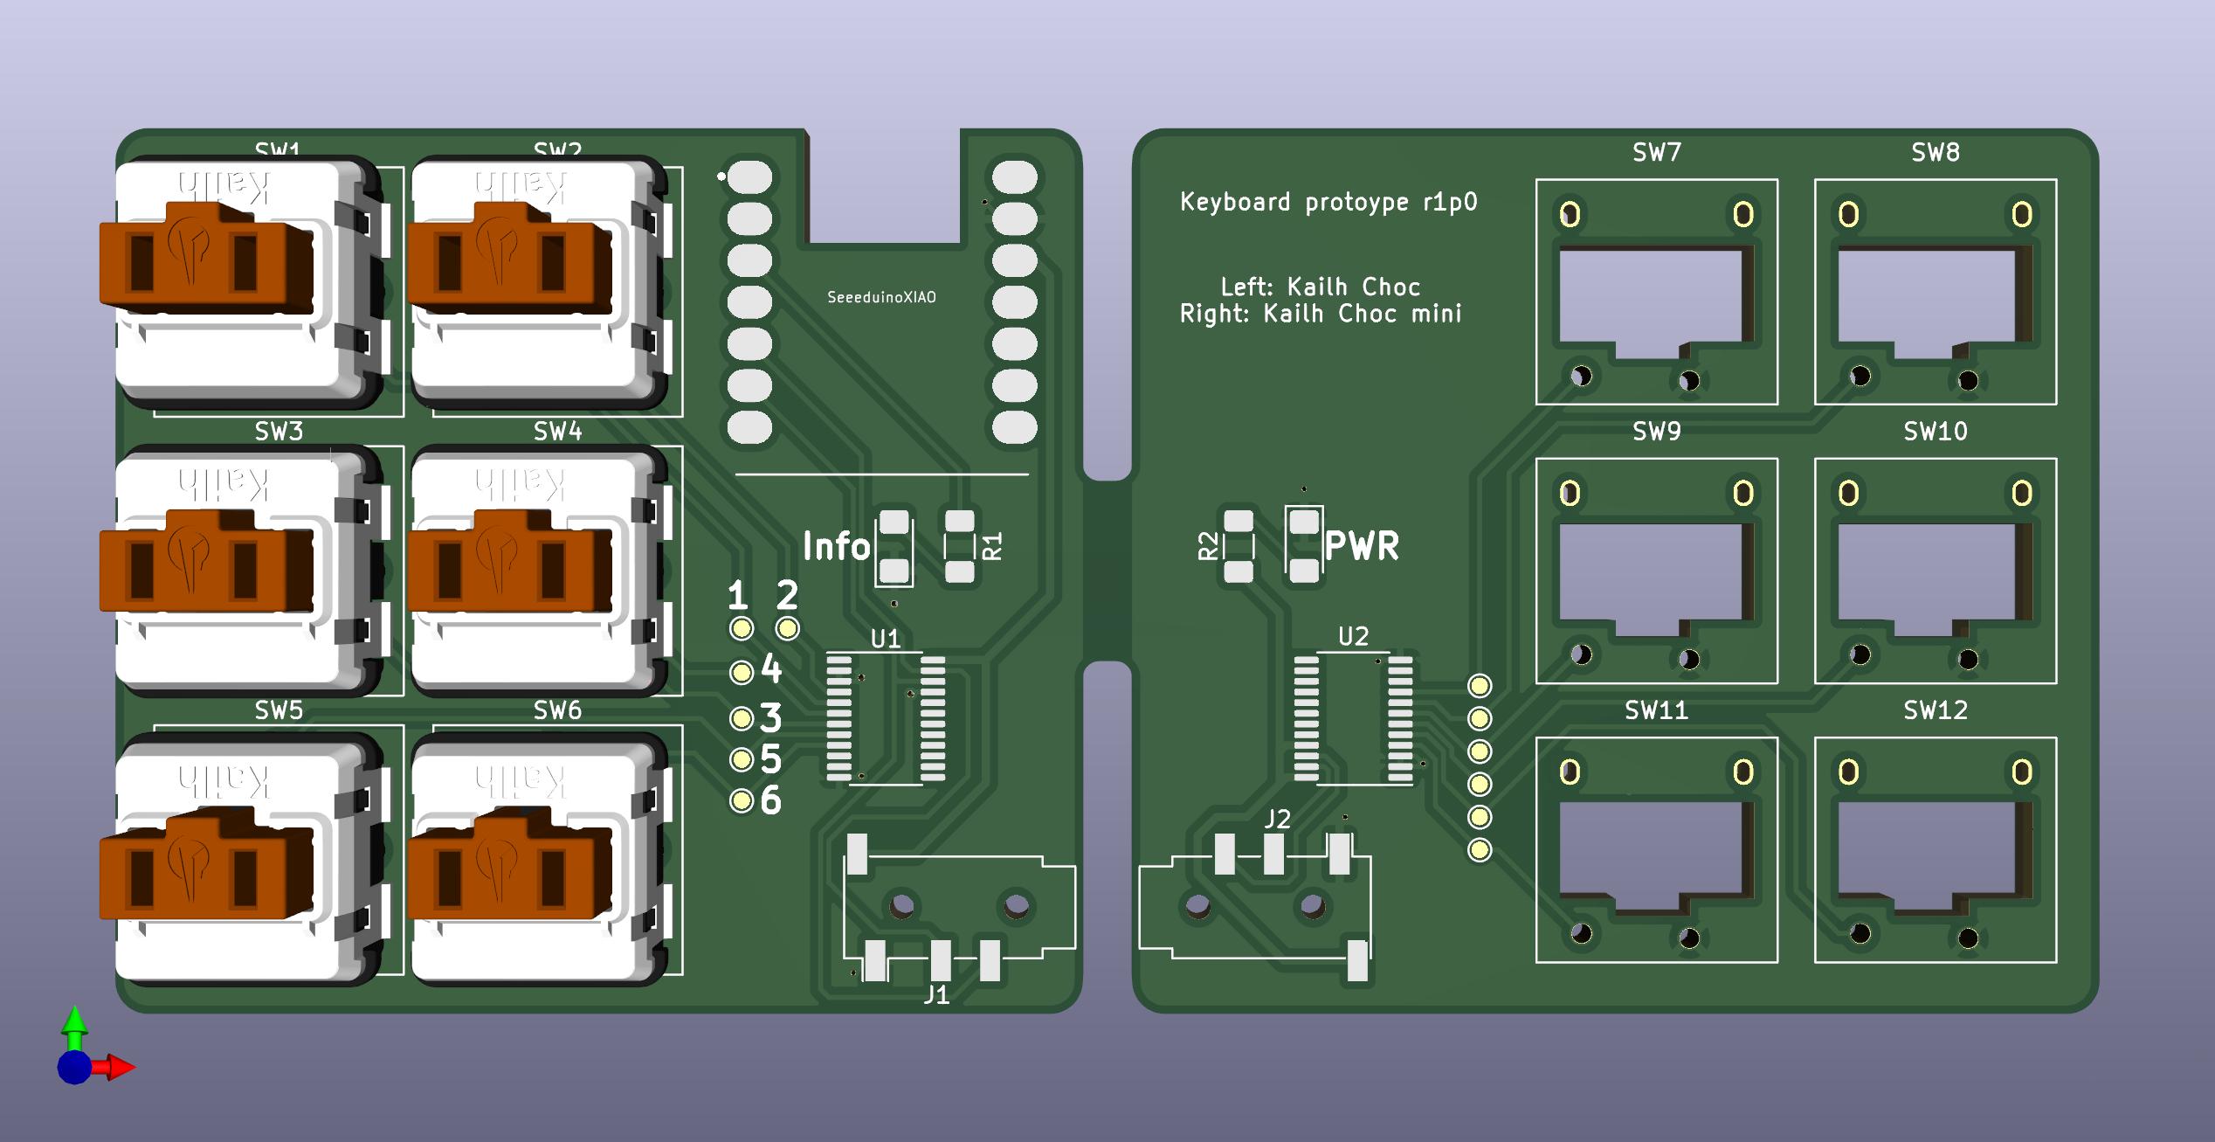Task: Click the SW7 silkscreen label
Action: pyautogui.click(x=1656, y=153)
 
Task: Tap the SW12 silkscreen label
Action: pyautogui.click(x=1935, y=710)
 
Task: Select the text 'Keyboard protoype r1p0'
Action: pyautogui.click(x=1328, y=203)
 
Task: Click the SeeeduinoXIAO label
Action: pyautogui.click(x=881, y=297)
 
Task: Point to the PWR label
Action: pyautogui.click(x=1361, y=546)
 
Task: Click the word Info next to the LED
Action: pyautogui.click(x=836, y=547)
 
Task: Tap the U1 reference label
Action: pyautogui.click(x=885, y=639)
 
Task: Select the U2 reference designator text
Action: pyautogui.click(x=1353, y=637)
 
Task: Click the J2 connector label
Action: pyautogui.click(x=1277, y=819)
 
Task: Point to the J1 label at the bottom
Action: pyautogui.click(x=935, y=994)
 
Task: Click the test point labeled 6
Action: pyautogui.click(x=742, y=801)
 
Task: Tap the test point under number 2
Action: pyautogui.click(x=787, y=628)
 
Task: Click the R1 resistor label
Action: pyautogui.click(x=993, y=546)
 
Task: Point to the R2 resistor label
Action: pyautogui.click(x=1208, y=546)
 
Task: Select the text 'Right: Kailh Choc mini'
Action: pyautogui.click(x=1320, y=315)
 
